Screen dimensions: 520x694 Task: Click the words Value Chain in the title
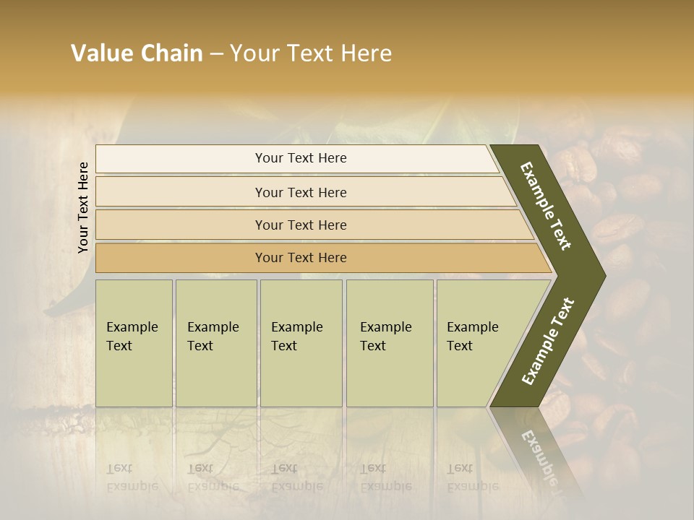(137, 53)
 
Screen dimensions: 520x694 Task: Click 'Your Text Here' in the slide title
(311, 53)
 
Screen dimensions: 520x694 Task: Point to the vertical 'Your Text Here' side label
(83, 207)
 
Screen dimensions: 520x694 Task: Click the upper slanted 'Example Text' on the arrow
(546, 206)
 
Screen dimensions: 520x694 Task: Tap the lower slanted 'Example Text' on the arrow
(547, 342)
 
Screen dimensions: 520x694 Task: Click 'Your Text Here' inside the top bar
(301, 158)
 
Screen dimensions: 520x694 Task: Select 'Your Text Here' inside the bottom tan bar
(301, 258)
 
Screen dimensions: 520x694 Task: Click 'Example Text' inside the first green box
(132, 336)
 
